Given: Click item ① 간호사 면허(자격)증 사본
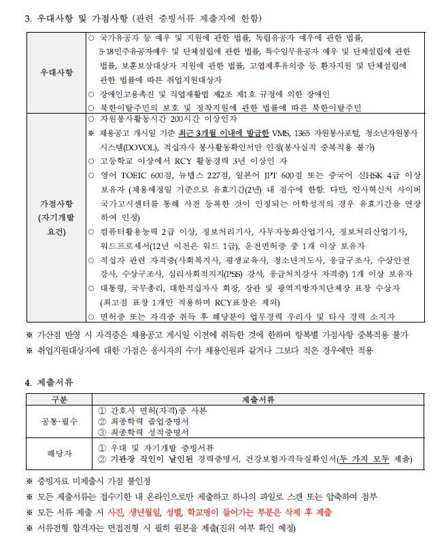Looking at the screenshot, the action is pyautogui.click(x=152, y=411).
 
